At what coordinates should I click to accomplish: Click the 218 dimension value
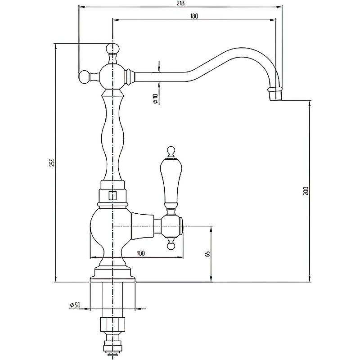(181, 3)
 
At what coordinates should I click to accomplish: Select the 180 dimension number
(194, 16)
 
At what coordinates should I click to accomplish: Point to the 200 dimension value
(306, 191)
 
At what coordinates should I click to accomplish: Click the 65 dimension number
(207, 253)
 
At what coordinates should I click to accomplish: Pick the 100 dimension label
(141, 253)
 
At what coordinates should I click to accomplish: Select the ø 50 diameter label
(75, 305)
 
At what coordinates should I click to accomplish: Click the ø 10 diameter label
(155, 99)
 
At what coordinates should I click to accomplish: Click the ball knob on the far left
(84, 77)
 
